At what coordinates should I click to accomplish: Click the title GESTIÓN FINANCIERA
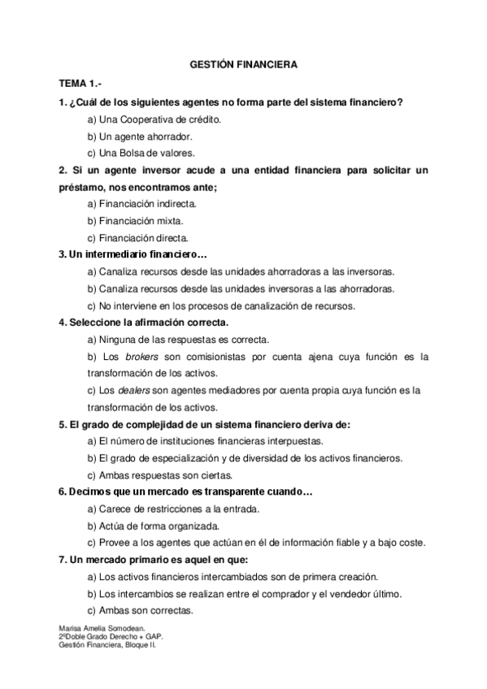coord(243,63)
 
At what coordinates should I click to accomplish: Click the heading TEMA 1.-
coord(80,84)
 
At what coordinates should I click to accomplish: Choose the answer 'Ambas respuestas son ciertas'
coord(159,475)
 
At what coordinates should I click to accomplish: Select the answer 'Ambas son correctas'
coord(140,610)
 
